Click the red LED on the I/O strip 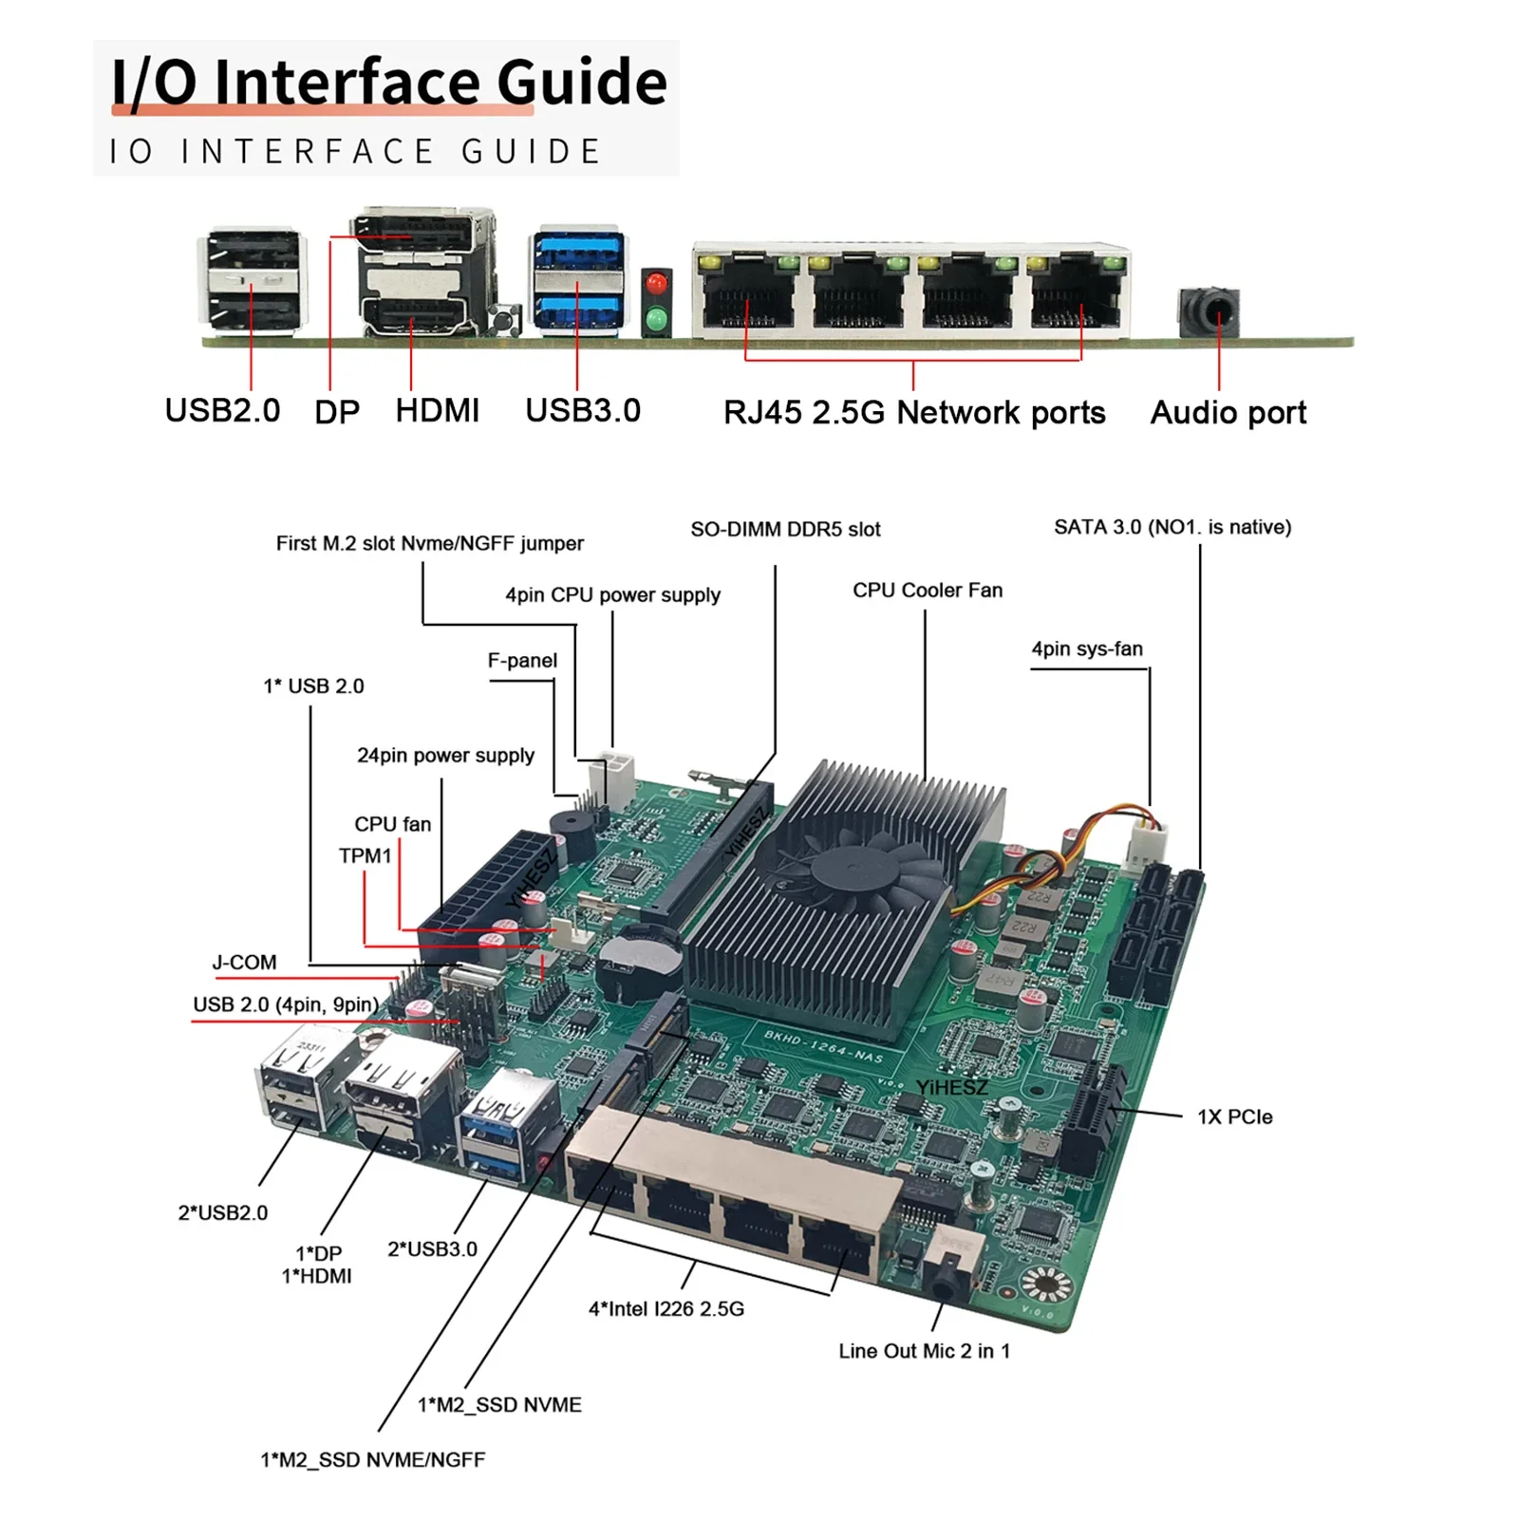click(655, 284)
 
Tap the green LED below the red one click(655, 317)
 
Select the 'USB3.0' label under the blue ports click(583, 411)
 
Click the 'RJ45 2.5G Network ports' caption click(913, 413)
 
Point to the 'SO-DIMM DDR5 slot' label click(785, 530)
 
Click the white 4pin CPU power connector click(612, 778)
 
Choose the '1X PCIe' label click(1234, 1117)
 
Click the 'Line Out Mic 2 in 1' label click(924, 1351)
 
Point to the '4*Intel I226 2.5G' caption click(666, 1309)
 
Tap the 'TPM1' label click(366, 856)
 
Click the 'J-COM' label click(245, 963)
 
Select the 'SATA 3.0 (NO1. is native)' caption click(1172, 528)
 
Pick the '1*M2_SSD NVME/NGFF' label click(373, 1460)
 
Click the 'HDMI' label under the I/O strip click(438, 411)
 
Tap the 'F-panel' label click(522, 661)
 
